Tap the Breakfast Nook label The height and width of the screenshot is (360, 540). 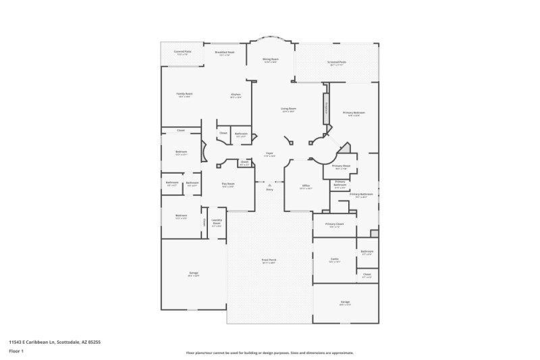tap(225, 52)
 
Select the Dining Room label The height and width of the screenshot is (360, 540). tap(270, 59)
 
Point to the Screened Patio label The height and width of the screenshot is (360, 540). tap(337, 63)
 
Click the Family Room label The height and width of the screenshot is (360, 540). tap(184, 94)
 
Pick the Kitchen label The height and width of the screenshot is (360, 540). tap(236, 95)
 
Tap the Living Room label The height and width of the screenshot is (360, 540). tap(289, 109)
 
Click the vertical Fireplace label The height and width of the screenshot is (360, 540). tap(327, 109)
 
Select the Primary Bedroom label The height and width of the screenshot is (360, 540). tap(354, 113)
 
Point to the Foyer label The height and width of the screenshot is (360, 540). tap(269, 154)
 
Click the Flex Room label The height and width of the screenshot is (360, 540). tap(228, 184)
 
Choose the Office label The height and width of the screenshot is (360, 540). tap(306, 186)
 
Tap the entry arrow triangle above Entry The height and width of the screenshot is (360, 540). tap(269, 184)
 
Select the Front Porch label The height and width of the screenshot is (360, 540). tap(269, 260)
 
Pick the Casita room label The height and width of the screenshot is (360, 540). tap(334, 259)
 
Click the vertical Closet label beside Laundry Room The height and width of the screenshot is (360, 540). tap(204, 222)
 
